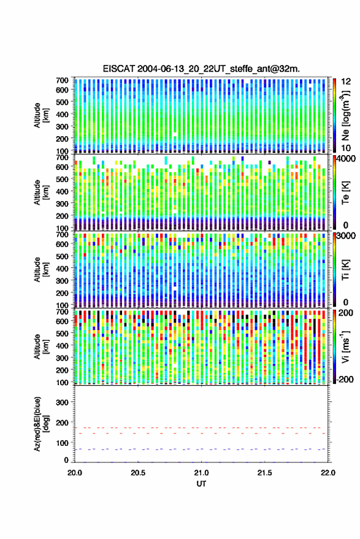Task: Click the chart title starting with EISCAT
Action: pyautogui.click(x=201, y=69)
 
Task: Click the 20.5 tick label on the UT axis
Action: pyautogui.click(x=138, y=473)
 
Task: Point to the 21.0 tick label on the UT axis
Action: pyautogui.click(x=201, y=473)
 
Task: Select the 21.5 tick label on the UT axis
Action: pyautogui.click(x=264, y=473)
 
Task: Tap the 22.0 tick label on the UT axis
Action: pyautogui.click(x=327, y=473)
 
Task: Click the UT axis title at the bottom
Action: pyautogui.click(x=201, y=484)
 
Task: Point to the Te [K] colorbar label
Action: pyautogui.click(x=345, y=193)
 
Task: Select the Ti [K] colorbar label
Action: pyautogui.click(x=345, y=270)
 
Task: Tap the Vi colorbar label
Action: pyautogui.click(x=345, y=346)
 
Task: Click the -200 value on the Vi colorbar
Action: pyautogui.click(x=345, y=380)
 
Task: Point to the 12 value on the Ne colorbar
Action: pyautogui.click(x=346, y=82)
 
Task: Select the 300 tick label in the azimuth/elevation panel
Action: pyautogui.click(x=62, y=402)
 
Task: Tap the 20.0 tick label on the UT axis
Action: pyautogui.click(x=75, y=473)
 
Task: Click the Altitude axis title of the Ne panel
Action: pyautogui.click(x=41, y=115)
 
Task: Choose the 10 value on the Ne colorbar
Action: pyautogui.click(x=346, y=148)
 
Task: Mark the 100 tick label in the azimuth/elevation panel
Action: pyautogui.click(x=62, y=443)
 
